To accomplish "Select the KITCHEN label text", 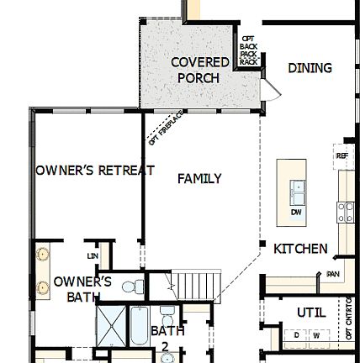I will [302, 250].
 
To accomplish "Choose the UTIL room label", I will [305, 312].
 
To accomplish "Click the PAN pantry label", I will [332, 274].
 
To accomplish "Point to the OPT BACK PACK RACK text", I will [246, 50].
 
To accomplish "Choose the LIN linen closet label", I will [93, 253].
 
